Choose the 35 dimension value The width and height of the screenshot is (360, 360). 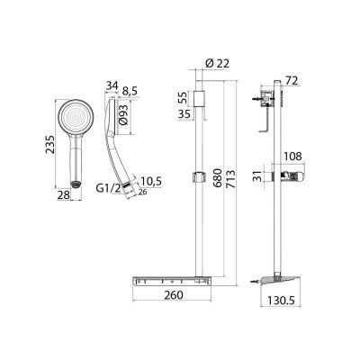tap(184, 115)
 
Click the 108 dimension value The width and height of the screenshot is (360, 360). tap(293, 155)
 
